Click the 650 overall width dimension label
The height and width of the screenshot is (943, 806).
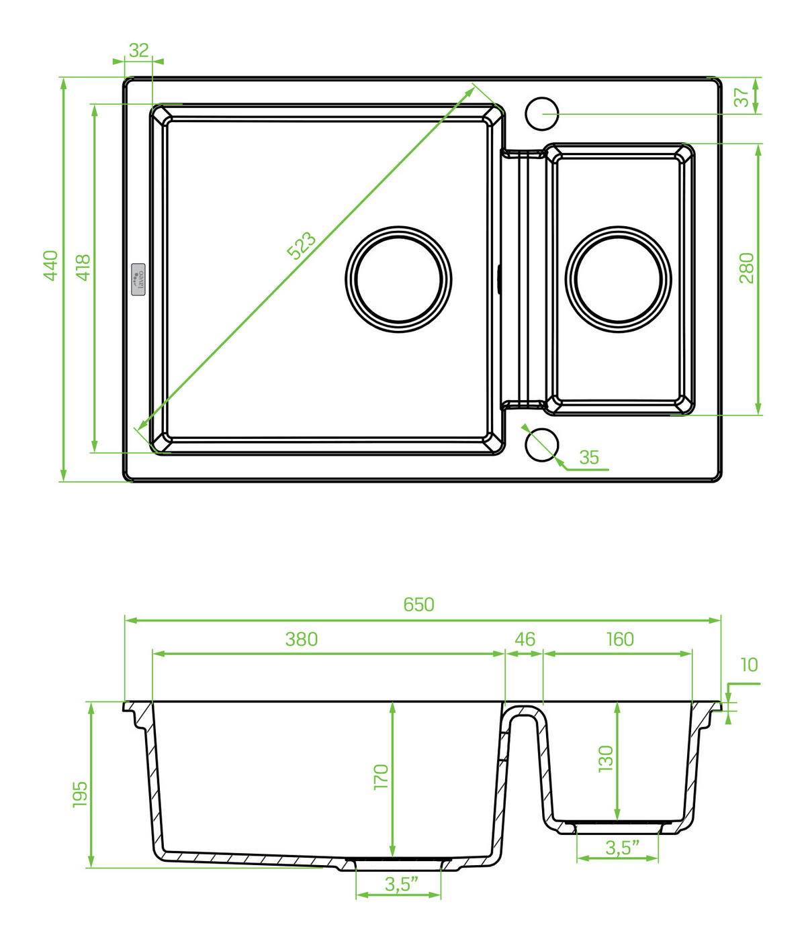point(418,605)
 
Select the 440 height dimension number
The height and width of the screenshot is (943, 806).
point(50,266)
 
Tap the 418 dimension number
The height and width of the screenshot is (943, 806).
point(83,267)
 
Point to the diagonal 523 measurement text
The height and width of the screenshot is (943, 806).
point(301,246)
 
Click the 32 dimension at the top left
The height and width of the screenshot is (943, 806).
point(139,50)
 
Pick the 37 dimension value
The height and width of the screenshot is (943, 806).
point(741,97)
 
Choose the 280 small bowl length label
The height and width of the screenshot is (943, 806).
point(746,268)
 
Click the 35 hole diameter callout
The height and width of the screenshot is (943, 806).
point(588,457)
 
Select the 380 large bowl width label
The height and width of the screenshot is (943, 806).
point(302,639)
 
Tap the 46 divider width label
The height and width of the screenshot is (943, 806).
point(525,639)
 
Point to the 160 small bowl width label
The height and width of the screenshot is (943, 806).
point(620,639)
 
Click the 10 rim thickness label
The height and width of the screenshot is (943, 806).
point(749,664)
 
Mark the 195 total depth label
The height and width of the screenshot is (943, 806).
point(80,794)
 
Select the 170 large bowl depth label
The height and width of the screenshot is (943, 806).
point(380,777)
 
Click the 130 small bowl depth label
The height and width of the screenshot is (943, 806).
point(606,758)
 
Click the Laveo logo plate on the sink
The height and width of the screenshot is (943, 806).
point(138,279)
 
